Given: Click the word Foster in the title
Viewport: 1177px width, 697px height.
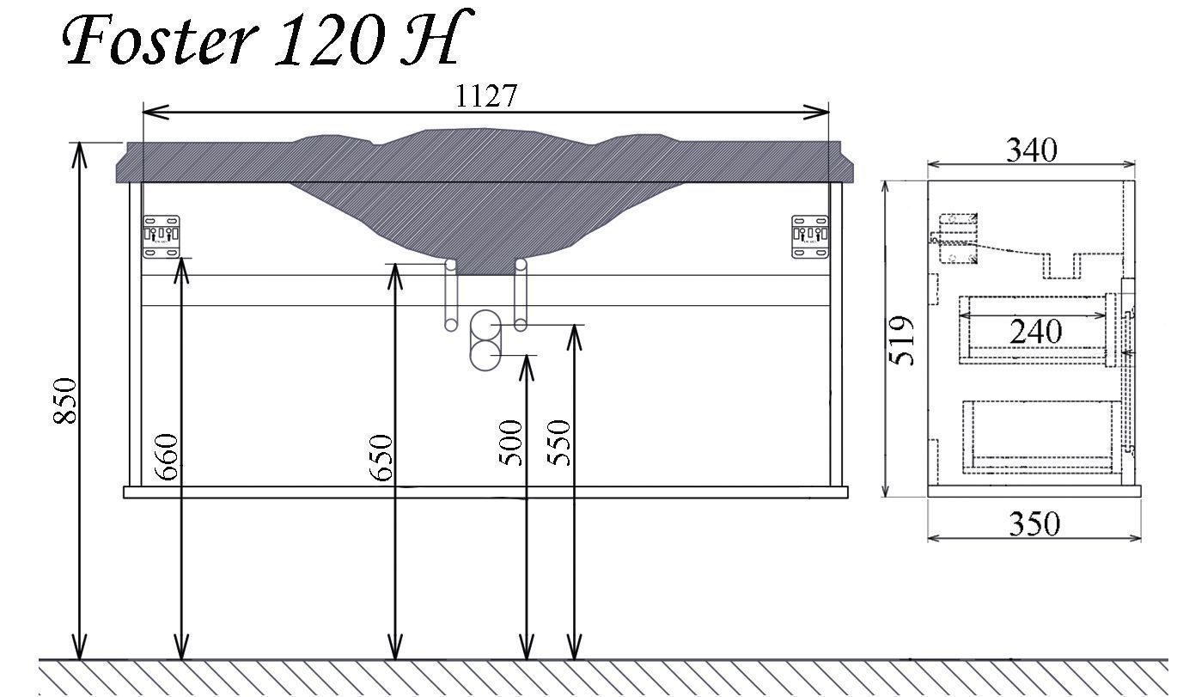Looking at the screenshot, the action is [x=160, y=39].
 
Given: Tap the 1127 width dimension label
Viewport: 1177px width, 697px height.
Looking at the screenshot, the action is [x=486, y=95].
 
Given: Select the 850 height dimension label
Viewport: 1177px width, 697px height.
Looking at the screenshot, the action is [x=65, y=400].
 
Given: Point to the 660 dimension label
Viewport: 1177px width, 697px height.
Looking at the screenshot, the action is [x=168, y=456].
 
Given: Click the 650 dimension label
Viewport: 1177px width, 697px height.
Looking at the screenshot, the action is [x=381, y=457].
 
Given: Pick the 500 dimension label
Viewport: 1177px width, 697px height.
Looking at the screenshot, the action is [x=510, y=443].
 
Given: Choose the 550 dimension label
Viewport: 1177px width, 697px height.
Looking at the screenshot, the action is [x=558, y=443].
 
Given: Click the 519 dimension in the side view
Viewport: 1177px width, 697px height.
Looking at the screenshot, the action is [x=902, y=340].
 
